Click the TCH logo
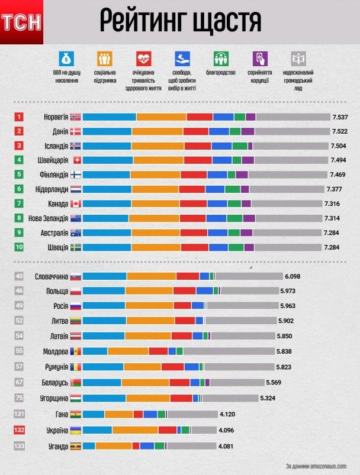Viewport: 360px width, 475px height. (x=22, y=22)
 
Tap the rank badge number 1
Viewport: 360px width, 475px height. (x=20, y=117)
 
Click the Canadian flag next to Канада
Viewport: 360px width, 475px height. (x=75, y=203)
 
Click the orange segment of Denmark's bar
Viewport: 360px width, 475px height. (x=157, y=131)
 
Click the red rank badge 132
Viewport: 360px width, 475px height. (x=20, y=431)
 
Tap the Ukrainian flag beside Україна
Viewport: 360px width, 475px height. (x=75, y=431)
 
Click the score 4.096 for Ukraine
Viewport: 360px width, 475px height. (x=227, y=431)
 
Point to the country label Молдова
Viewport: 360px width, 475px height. (x=56, y=351)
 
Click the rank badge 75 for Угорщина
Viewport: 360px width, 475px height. (x=20, y=398)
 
